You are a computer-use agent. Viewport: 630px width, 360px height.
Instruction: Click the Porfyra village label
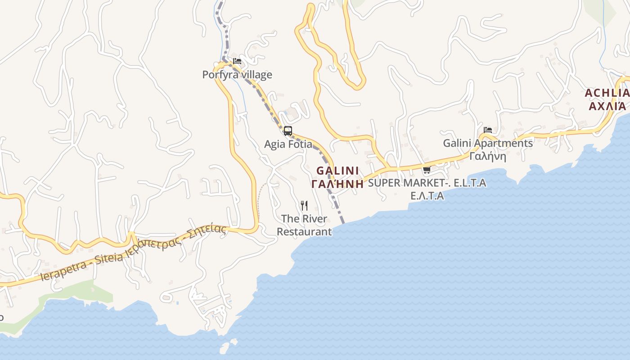(x=237, y=75)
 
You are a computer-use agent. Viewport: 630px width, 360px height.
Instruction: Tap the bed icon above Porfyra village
(x=237, y=61)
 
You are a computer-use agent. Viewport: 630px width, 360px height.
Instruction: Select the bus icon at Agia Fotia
(x=288, y=131)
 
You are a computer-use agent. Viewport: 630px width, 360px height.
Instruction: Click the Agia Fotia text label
(x=288, y=144)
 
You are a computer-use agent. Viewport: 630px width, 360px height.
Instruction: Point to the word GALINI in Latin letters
(x=337, y=171)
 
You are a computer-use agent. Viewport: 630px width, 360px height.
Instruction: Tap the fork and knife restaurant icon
(x=304, y=206)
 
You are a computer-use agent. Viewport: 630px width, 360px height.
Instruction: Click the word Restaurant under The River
(x=304, y=232)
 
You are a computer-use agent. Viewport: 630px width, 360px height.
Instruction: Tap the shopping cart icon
(x=427, y=170)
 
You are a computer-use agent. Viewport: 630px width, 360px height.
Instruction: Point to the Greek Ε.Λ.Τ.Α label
(x=427, y=196)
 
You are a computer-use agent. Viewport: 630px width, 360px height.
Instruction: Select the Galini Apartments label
(x=488, y=143)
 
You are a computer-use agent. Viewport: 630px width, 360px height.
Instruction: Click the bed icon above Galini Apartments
(x=488, y=130)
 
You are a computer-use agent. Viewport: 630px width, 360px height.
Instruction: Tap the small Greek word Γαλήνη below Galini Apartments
(x=488, y=156)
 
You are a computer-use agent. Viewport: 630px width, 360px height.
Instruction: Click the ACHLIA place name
(x=607, y=93)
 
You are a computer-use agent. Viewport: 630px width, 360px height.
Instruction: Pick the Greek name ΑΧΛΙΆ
(x=607, y=106)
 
